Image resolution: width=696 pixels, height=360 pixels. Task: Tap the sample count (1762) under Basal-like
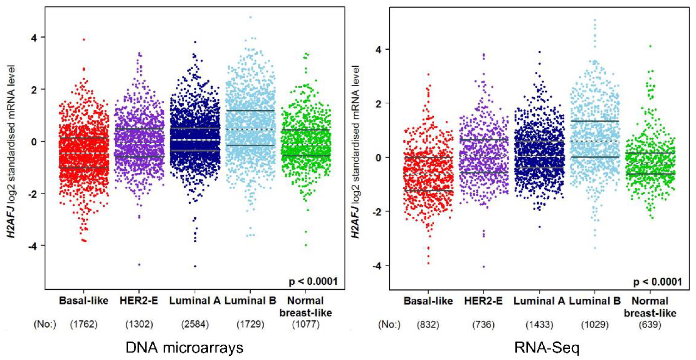(x=84, y=324)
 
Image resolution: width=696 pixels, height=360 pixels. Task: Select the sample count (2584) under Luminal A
(x=195, y=324)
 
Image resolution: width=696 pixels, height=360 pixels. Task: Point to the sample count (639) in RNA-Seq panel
(x=650, y=324)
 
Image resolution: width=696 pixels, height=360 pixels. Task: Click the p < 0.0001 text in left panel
(x=313, y=282)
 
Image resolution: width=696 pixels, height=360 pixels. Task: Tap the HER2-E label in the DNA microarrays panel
(x=139, y=301)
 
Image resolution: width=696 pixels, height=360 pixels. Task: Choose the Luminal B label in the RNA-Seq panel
(x=595, y=301)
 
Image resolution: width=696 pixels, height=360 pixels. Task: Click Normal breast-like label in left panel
(x=306, y=307)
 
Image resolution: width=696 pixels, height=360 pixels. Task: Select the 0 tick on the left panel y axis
(x=34, y=141)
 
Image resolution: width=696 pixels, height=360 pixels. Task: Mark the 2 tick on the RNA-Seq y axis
(x=379, y=103)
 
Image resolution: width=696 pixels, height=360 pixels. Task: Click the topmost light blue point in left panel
(x=250, y=17)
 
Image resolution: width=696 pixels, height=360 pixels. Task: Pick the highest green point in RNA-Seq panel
(x=650, y=46)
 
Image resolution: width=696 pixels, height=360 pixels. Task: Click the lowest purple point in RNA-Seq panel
(x=484, y=267)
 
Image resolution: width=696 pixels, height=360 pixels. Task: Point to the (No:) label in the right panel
(x=389, y=324)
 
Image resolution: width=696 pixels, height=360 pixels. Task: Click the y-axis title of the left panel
(x=11, y=151)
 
